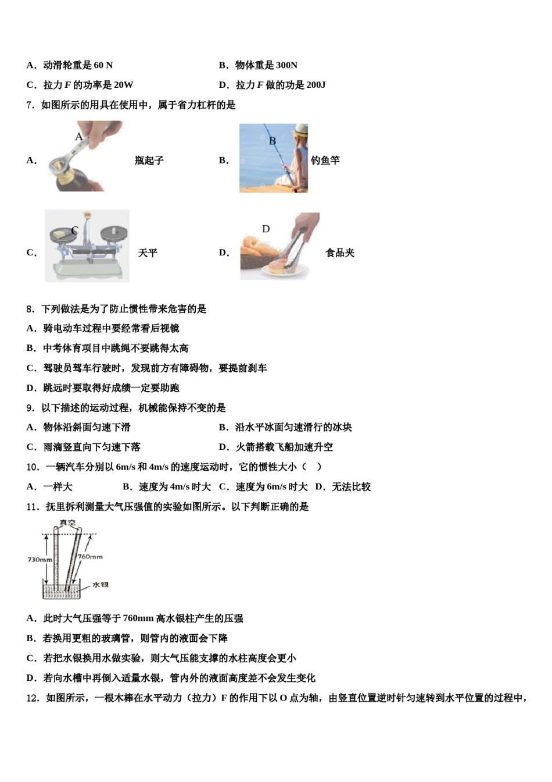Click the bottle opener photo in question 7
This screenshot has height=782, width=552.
click(x=84, y=156)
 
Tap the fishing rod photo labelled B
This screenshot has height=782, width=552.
click(x=273, y=158)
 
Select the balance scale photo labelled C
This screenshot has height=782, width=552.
click(x=87, y=246)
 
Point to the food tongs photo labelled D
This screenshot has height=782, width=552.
click(x=279, y=246)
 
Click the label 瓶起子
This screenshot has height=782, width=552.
click(x=149, y=161)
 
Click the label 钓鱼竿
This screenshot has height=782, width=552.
click(x=325, y=161)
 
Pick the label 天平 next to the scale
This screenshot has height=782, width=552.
click(x=148, y=253)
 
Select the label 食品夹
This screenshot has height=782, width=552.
click(x=340, y=253)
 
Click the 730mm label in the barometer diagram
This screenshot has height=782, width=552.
click(x=40, y=560)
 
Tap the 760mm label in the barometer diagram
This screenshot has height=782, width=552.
click(x=90, y=557)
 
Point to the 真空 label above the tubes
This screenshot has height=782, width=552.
click(x=67, y=522)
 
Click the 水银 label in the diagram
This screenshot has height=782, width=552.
click(x=100, y=584)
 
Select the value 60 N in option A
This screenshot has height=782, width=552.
click(x=103, y=65)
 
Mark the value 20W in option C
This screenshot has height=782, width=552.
click(x=123, y=85)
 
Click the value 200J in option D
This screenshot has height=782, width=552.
click(x=316, y=85)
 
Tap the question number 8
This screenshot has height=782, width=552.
click(x=30, y=309)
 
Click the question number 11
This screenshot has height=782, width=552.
click(x=33, y=507)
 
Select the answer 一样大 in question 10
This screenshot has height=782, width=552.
click(x=58, y=487)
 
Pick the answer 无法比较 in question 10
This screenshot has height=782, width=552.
click(x=351, y=487)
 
